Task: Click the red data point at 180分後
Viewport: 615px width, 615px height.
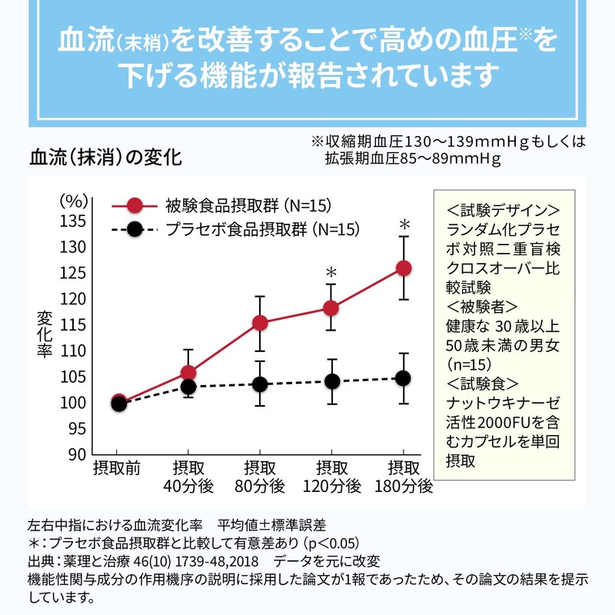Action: (404, 268)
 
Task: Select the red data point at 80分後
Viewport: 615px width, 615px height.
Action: (260, 322)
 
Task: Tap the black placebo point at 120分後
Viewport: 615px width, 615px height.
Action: (331, 381)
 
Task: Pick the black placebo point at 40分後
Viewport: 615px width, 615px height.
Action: (188, 387)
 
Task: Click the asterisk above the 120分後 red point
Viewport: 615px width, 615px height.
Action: (331, 273)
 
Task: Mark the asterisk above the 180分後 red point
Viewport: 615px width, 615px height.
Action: (404, 225)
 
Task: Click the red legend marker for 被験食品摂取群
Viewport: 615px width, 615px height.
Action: (135, 205)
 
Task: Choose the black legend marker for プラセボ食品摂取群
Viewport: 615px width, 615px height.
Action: (135, 229)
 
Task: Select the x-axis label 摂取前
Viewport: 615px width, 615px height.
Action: (116, 467)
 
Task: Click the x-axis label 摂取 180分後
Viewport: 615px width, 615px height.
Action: (404, 477)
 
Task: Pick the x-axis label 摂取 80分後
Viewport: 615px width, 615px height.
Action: (260, 477)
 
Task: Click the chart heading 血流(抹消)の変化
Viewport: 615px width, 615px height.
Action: (105, 158)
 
